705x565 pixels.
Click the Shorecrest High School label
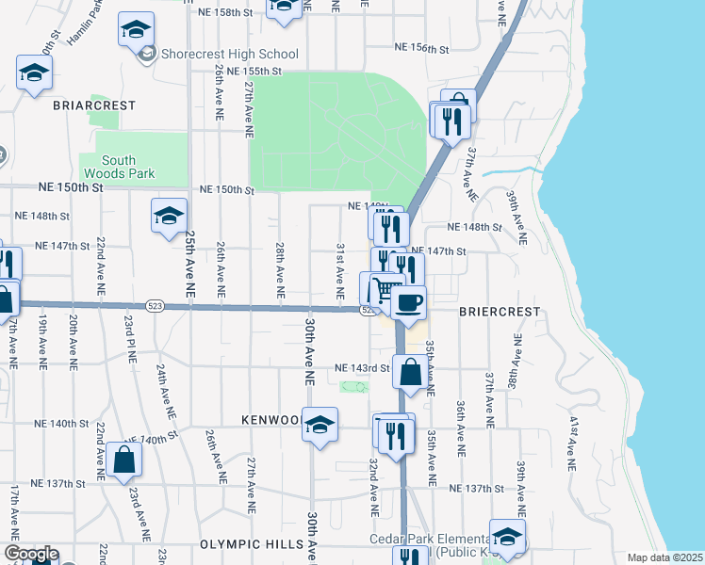pos(229,55)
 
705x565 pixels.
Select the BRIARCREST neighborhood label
pos(96,105)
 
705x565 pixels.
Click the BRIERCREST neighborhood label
pos(500,311)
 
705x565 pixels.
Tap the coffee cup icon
pos(408,303)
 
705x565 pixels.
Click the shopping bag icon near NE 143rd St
pos(411,372)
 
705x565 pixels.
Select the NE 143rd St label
pos(362,368)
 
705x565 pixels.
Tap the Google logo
pos(31,555)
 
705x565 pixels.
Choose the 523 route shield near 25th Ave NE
pos(156,306)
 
